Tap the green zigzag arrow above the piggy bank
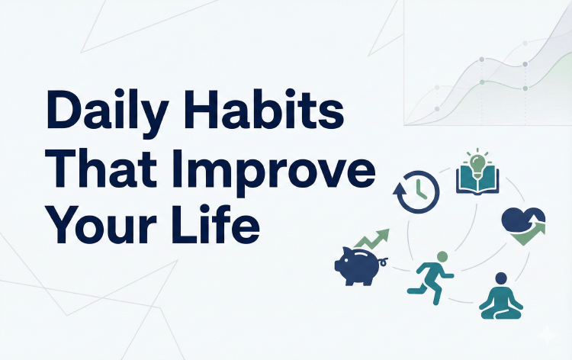point(372,238)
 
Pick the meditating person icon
point(501,297)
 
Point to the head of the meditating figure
point(501,278)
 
